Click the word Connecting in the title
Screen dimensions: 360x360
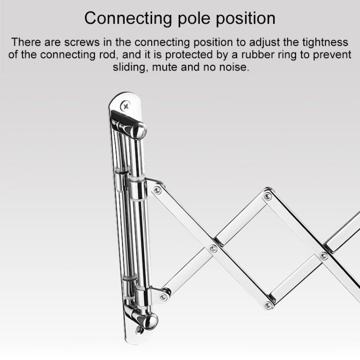click(x=128, y=19)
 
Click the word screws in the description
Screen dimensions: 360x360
click(x=82, y=42)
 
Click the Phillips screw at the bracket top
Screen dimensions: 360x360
click(x=126, y=106)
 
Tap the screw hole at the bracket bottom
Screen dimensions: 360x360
click(x=139, y=330)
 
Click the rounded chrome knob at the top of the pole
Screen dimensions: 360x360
click(x=139, y=131)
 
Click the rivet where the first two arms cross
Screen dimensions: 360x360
click(x=213, y=248)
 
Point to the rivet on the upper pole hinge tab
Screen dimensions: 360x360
click(x=157, y=190)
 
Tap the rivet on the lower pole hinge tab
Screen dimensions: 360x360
click(x=163, y=297)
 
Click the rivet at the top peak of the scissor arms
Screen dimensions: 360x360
click(x=267, y=196)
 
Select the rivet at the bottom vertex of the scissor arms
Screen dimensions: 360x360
click(x=268, y=305)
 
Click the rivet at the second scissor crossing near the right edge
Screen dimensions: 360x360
click(x=324, y=255)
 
